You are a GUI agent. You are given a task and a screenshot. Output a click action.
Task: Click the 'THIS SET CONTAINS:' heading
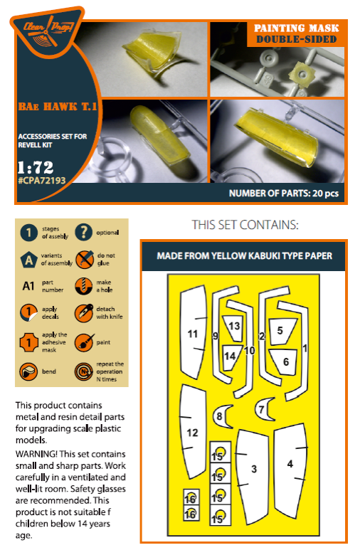tap(245, 225)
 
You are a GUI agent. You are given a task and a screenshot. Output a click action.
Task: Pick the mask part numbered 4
tap(290, 464)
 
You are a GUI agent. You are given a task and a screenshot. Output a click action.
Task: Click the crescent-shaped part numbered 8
tap(221, 416)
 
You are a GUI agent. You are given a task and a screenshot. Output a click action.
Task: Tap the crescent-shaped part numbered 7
tap(263, 409)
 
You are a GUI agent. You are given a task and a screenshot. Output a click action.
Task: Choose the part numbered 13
tap(235, 325)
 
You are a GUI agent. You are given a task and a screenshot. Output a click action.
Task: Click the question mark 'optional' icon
tap(83, 232)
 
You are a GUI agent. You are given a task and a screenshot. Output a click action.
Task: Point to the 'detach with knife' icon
tap(83, 312)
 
